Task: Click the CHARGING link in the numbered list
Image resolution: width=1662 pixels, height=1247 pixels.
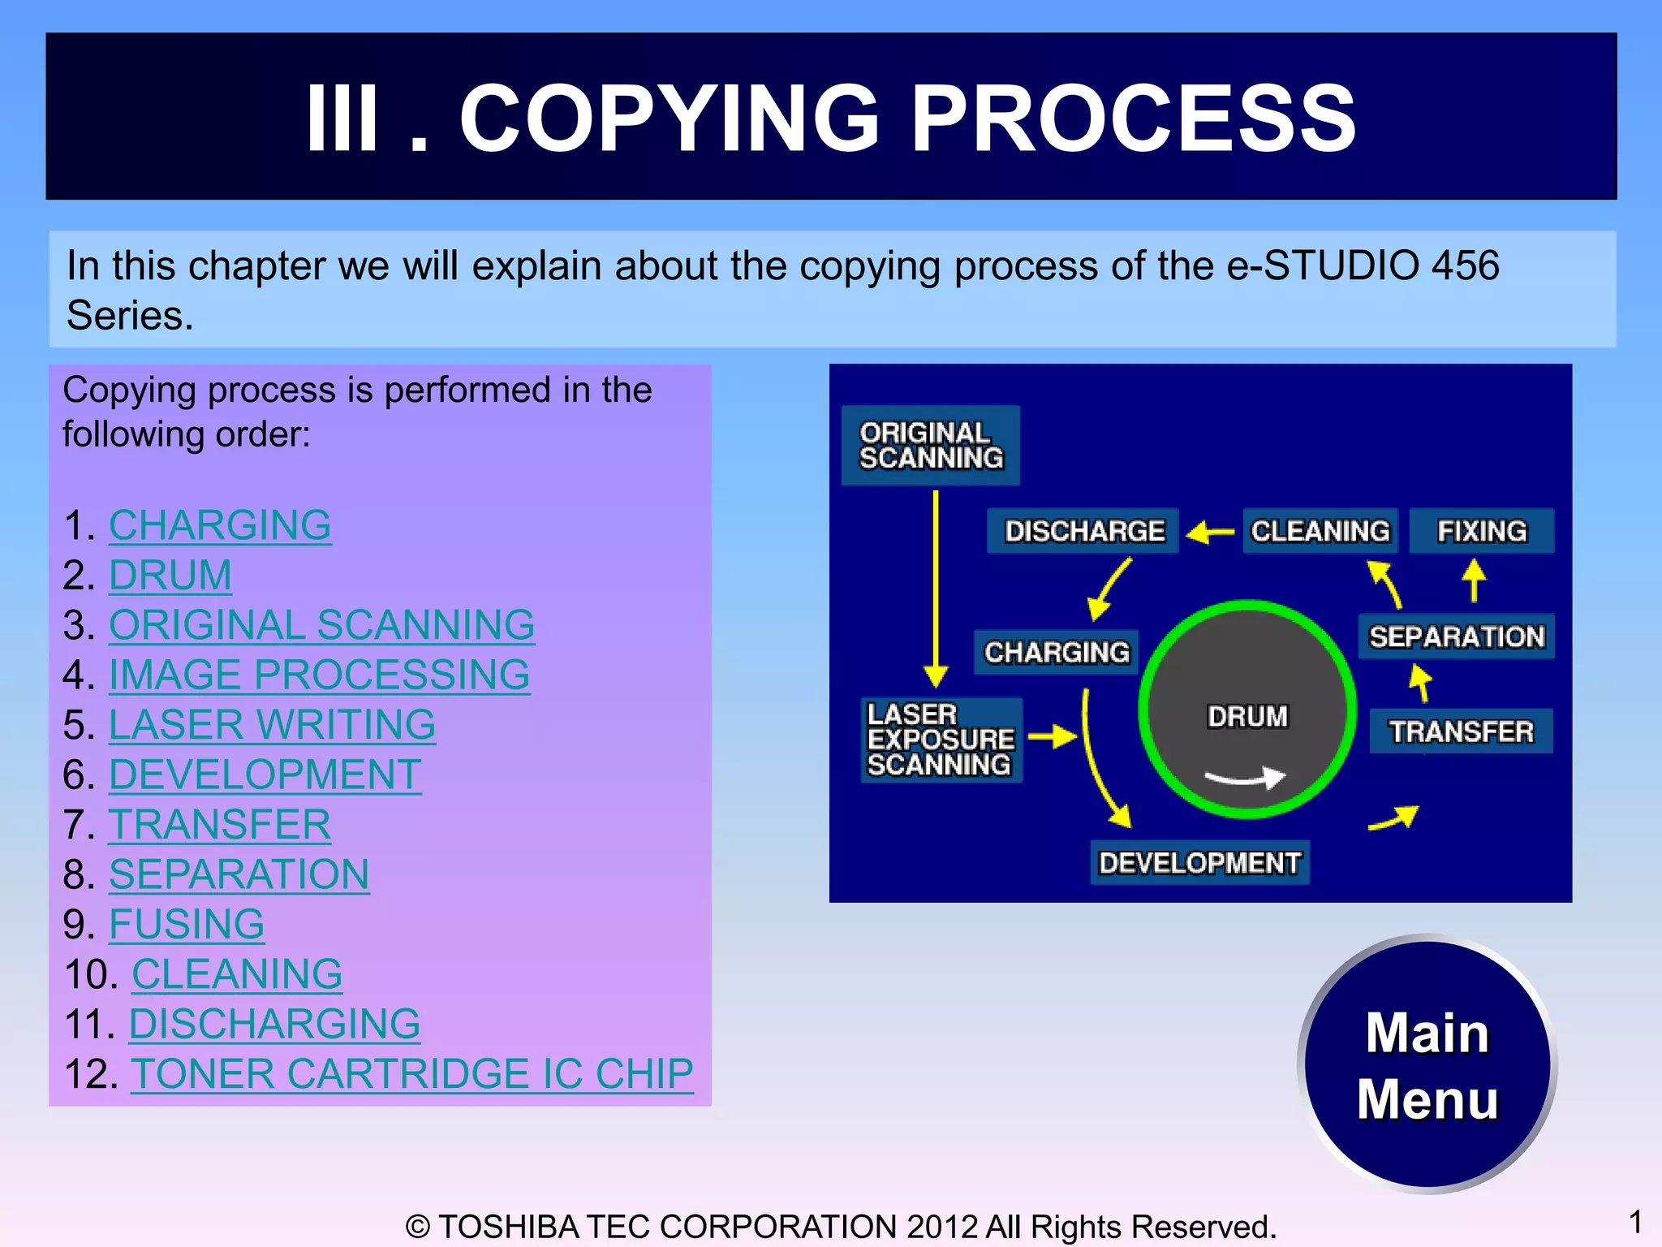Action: [220, 525]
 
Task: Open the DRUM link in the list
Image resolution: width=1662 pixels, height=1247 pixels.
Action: [170, 576]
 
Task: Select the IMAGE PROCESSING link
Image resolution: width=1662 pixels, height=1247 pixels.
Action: [319, 675]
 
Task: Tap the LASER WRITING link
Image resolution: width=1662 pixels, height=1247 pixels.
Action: [272, 725]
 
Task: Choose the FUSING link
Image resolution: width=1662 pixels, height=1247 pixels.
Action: [187, 924]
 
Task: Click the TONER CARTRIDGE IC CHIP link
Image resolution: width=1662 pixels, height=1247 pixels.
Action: [411, 1073]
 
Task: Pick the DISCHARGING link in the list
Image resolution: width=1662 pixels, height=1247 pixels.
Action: [274, 1024]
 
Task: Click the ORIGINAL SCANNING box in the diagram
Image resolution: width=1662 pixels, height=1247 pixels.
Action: [930, 446]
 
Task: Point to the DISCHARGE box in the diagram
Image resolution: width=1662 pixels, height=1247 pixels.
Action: [1083, 531]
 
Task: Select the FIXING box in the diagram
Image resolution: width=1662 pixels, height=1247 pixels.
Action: [1482, 531]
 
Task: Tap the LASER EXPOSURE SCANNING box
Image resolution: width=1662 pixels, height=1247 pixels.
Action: [941, 740]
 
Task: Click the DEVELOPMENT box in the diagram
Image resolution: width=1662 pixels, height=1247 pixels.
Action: [1199, 862]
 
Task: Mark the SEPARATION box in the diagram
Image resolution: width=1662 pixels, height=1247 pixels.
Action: [1456, 636]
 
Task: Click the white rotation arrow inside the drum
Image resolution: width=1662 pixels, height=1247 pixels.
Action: [1246, 778]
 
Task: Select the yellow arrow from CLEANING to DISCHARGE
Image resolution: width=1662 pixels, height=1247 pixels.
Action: [1210, 533]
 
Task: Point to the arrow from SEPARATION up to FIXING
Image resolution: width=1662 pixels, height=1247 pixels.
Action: [1474, 581]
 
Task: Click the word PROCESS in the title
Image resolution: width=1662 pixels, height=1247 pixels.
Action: [1133, 119]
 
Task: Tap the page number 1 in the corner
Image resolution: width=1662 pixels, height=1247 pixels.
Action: [1634, 1221]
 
